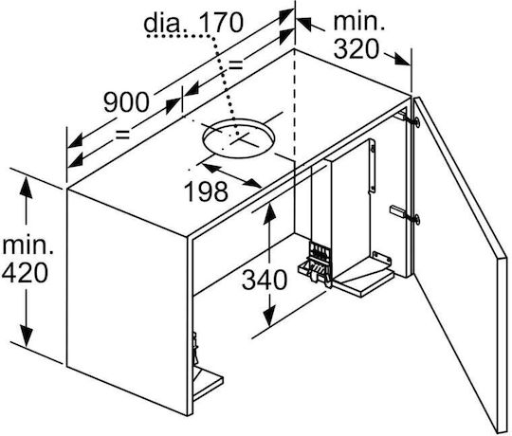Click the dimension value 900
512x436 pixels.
point(126,102)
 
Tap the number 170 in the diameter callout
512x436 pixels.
point(221,22)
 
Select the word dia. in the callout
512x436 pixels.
point(166,22)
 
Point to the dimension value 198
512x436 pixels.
point(206,191)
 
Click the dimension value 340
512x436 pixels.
point(265,280)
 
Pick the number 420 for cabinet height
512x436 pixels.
point(26,273)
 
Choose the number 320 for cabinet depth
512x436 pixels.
point(357,49)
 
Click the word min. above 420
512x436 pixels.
point(28,245)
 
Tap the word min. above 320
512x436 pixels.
point(359,22)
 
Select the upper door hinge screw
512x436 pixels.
point(416,121)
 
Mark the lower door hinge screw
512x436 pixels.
point(416,219)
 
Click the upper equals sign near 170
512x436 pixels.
point(235,65)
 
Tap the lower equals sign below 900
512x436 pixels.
point(122,135)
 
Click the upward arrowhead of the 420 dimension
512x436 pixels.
point(26,189)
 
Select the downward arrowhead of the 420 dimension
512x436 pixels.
point(26,336)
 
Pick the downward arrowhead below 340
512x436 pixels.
point(269,317)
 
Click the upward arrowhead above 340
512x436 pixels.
point(269,213)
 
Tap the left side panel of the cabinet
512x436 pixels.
point(127,300)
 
